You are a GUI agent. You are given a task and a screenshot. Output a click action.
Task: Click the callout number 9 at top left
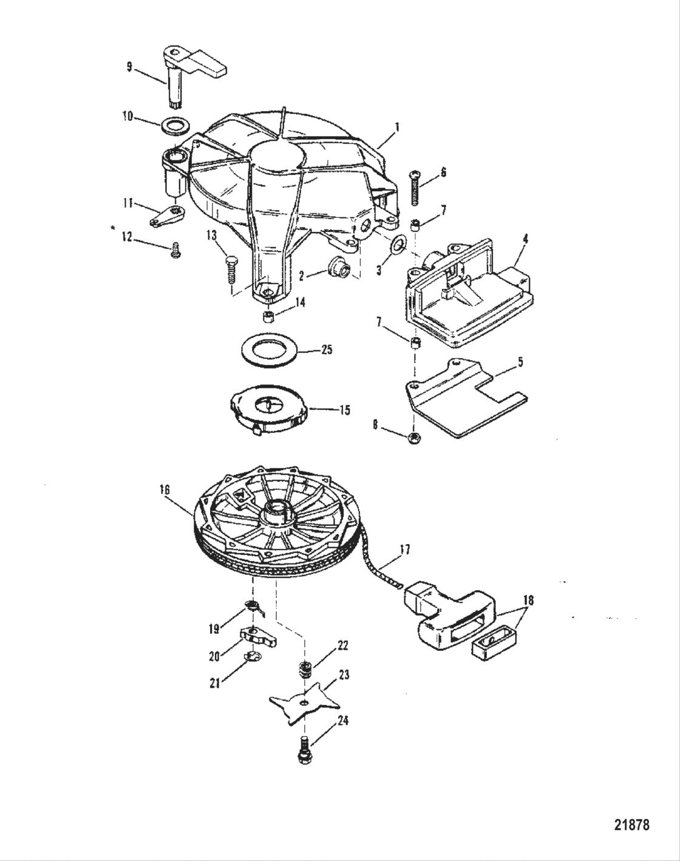click(129, 66)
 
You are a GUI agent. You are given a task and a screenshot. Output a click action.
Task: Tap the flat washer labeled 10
click(176, 127)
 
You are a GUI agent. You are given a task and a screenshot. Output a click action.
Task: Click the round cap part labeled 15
click(270, 411)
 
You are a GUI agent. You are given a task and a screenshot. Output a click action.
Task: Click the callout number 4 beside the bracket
click(524, 239)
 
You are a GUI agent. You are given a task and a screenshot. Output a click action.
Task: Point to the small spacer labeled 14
click(265, 318)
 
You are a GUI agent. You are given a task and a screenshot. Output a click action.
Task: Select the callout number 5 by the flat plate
click(520, 362)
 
